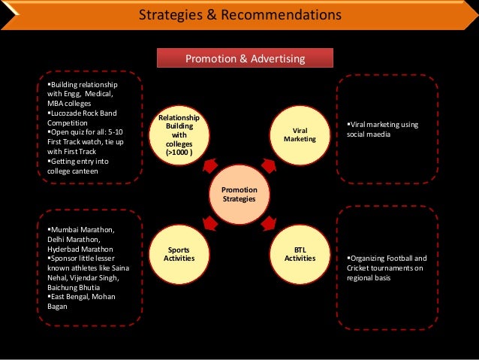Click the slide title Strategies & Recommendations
click(x=240, y=15)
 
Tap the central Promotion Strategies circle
click(x=239, y=195)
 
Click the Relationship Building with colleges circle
click(x=179, y=135)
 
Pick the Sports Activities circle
click(x=179, y=253)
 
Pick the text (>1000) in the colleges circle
click(x=179, y=153)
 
